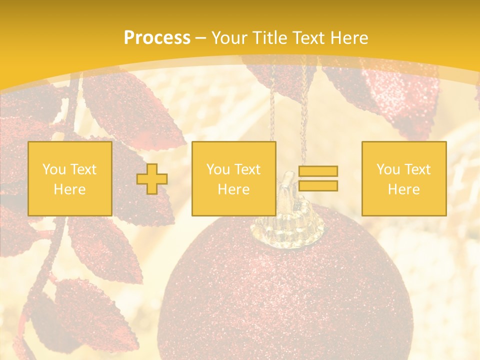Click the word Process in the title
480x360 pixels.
(x=157, y=38)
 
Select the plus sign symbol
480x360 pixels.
(x=152, y=179)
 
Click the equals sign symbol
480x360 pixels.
(x=318, y=178)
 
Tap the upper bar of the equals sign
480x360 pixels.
(x=318, y=171)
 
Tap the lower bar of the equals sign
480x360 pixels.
(x=318, y=185)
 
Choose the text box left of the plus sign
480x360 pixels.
(x=70, y=178)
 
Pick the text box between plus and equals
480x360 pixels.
(x=233, y=178)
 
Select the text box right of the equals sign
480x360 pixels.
(x=403, y=178)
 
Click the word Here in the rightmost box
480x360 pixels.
(x=403, y=189)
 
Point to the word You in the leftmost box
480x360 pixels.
(x=53, y=169)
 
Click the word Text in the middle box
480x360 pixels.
(x=247, y=169)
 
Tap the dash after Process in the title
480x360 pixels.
(x=200, y=38)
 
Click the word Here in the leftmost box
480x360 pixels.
(x=69, y=189)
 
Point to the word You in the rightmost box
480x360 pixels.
(x=387, y=169)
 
